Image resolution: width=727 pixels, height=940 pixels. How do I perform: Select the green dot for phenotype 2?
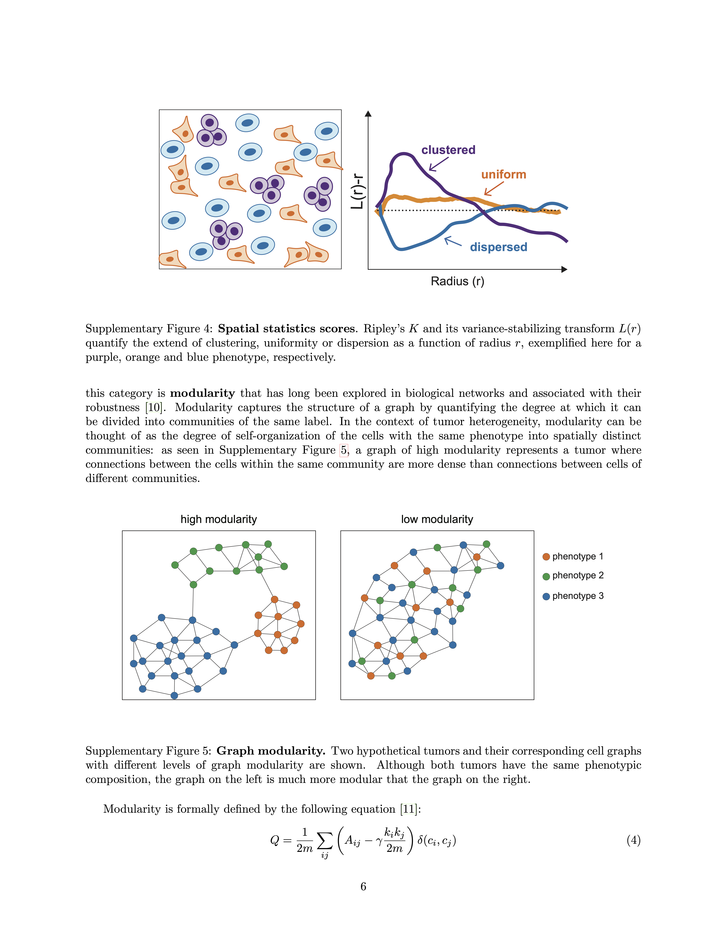click(546, 576)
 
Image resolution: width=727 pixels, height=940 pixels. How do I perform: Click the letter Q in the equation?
click(274, 841)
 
